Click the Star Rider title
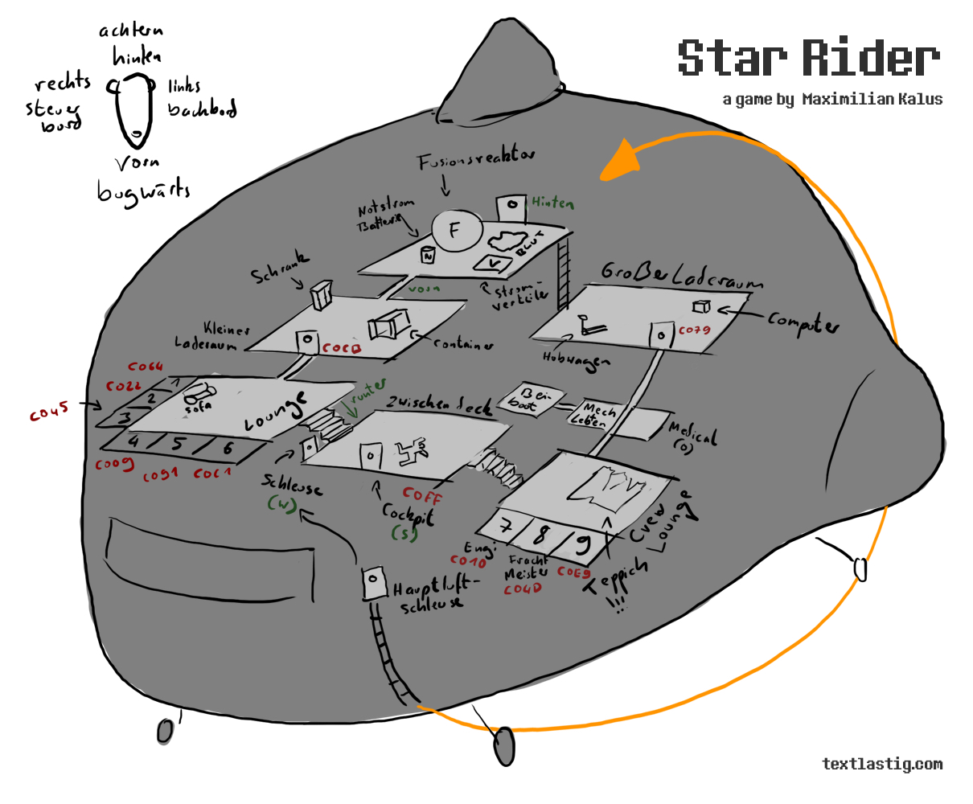pyautogui.click(x=809, y=58)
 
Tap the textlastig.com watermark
pyautogui.click(x=882, y=764)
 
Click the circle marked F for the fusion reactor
pyautogui.click(x=455, y=231)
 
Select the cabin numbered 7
pyautogui.click(x=506, y=527)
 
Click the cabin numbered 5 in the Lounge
pyautogui.click(x=179, y=444)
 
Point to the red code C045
pyautogui.click(x=49, y=412)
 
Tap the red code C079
pyautogui.click(x=694, y=330)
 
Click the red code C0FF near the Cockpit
pyautogui.click(x=422, y=494)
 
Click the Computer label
pyautogui.click(x=803, y=322)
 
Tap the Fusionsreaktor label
pyautogui.click(x=475, y=160)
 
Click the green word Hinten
pyautogui.click(x=552, y=203)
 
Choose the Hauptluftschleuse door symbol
pyautogui.click(x=372, y=580)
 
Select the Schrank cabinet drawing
pyautogui.click(x=322, y=296)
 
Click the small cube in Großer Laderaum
pyautogui.click(x=701, y=306)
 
